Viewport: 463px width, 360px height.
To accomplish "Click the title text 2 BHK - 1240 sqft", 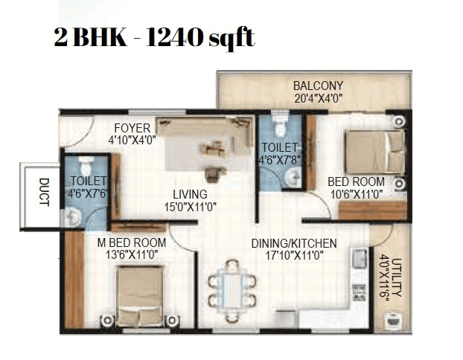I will pos(154,38).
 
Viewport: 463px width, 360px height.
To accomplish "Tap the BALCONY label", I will pos(318,86).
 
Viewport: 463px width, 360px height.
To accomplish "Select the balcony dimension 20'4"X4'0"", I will pos(318,97).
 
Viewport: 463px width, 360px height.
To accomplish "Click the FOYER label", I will pos(132,127).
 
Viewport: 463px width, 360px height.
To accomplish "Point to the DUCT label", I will pos(44,193).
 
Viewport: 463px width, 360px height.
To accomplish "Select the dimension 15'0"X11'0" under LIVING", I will pos(190,207).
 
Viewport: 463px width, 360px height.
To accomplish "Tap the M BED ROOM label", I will pos(131,243).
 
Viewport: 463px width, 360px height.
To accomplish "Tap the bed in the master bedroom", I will pos(139,293).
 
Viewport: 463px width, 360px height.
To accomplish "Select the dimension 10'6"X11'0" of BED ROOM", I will pos(356,193).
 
